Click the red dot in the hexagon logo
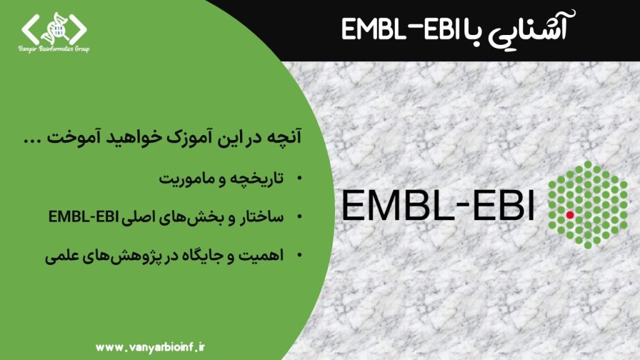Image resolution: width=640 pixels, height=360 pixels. point(570,215)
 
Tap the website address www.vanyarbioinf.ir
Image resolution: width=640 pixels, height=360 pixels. point(150,347)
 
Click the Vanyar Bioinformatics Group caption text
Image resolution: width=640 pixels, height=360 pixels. point(54,49)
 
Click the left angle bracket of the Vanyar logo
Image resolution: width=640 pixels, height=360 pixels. point(30,29)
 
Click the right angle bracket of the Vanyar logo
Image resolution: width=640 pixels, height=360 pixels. point(78,29)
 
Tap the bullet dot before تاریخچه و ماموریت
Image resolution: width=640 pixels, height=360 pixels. point(299,178)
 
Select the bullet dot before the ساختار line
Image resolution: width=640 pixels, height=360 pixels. point(299,217)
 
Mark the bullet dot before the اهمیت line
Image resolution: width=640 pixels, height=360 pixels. point(299,256)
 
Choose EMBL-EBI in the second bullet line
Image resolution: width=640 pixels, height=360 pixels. point(83,217)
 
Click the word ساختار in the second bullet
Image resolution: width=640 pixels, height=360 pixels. point(262,217)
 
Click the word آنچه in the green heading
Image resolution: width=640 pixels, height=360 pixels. point(284,137)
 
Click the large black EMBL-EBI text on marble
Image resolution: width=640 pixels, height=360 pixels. point(437,205)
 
